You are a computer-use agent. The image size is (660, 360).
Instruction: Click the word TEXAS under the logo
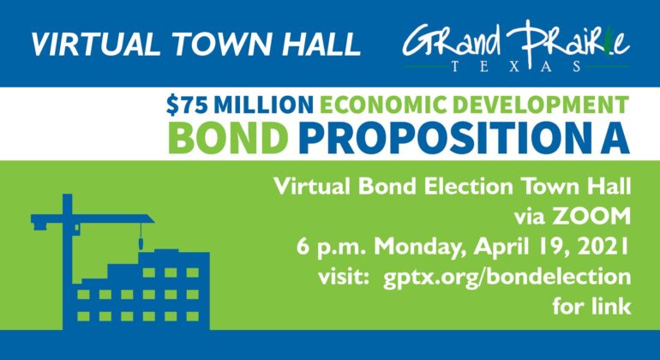[517, 67]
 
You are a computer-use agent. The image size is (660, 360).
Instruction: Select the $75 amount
[187, 105]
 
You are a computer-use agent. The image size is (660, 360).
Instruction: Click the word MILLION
[263, 105]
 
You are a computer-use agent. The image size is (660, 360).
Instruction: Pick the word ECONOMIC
[382, 105]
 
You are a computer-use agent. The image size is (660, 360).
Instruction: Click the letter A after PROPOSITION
[614, 139]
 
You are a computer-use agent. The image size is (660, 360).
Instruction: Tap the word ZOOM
[591, 216]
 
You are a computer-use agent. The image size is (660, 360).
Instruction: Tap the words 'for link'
[591, 306]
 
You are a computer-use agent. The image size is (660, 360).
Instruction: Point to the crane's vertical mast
[68, 261]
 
